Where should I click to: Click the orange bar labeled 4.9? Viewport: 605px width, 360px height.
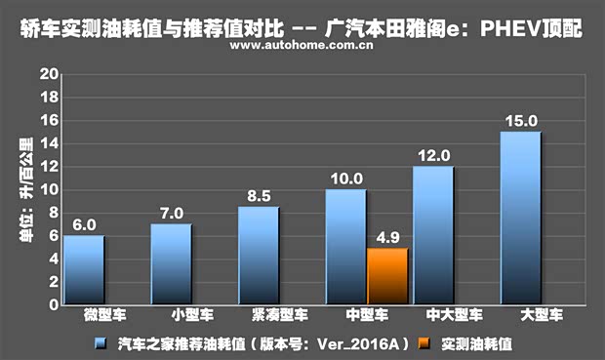[x=386, y=276]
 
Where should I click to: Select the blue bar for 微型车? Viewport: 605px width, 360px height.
[x=84, y=269]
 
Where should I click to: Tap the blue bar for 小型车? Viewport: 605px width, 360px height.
[x=171, y=263]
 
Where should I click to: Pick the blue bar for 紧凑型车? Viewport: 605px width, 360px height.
[x=259, y=255]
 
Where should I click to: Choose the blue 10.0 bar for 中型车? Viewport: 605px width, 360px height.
[x=345, y=246]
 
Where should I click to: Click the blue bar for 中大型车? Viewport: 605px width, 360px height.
[x=432, y=235]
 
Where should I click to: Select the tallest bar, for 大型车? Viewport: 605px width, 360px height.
[x=520, y=218]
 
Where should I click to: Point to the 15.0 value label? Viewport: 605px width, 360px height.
[x=519, y=121]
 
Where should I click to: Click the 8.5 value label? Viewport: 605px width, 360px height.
[x=259, y=196]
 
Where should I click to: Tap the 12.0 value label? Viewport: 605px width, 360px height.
[x=432, y=155]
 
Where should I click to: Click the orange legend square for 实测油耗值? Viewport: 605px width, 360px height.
[x=422, y=343]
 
